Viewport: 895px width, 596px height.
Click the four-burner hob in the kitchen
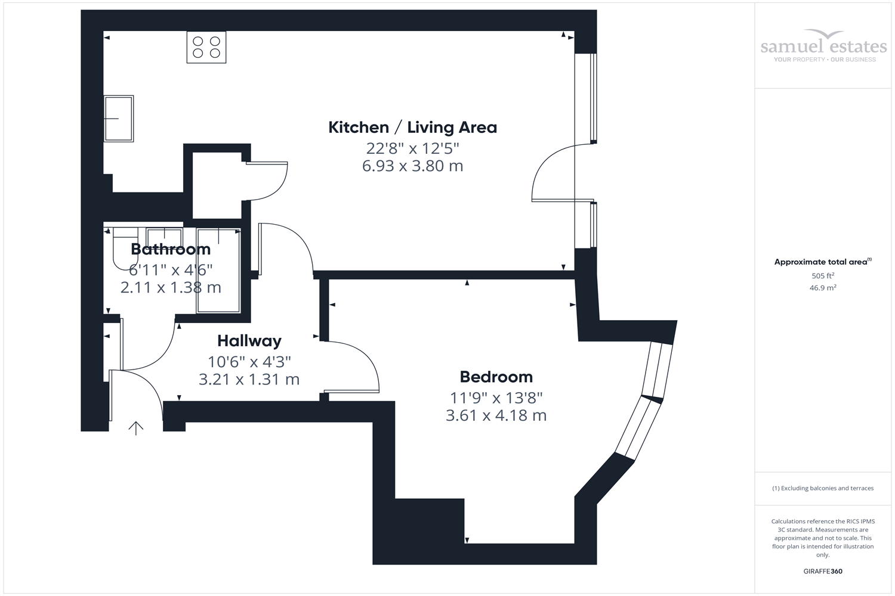pyautogui.click(x=206, y=47)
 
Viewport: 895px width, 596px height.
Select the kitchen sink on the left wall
pyautogui.click(x=119, y=119)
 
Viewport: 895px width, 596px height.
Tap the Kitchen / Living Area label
pyautogui.click(x=412, y=128)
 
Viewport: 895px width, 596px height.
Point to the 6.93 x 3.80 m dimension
pyautogui.click(x=412, y=166)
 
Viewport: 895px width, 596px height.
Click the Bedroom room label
pyautogui.click(x=496, y=377)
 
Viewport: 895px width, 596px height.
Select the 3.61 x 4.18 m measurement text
pyautogui.click(x=496, y=415)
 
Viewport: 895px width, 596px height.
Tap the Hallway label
pyautogui.click(x=249, y=341)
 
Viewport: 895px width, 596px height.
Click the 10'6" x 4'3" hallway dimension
pyautogui.click(x=249, y=362)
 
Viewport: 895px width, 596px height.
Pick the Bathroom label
pyautogui.click(x=171, y=249)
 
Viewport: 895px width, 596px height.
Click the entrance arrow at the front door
pyautogui.click(x=136, y=428)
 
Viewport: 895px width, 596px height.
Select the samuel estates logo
pyautogui.click(x=823, y=46)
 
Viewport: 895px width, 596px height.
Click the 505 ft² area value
pyautogui.click(x=823, y=276)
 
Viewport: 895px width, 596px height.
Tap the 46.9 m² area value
pyautogui.click(x=823, y=288)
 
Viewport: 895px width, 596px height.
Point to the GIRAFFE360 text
pyautogui.click(x=823, y=571)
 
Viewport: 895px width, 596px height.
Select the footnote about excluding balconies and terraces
pyautogui.click(x=823, y=488)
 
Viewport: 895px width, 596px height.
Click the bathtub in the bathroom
pyautogui.click(x=218, y=270)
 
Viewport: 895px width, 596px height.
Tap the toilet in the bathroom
pyautogui.click(x=125, y=247)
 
